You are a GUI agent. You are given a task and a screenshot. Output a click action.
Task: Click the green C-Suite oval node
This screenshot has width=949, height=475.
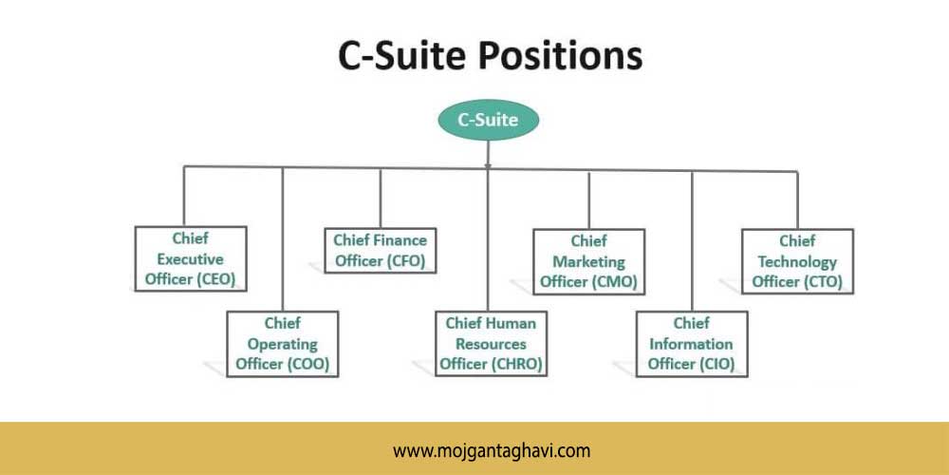point(488,120)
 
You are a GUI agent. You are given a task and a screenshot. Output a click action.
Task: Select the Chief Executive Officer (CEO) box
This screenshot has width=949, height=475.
point(191,258)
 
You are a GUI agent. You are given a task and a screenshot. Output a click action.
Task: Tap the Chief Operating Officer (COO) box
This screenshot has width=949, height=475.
point(283,344)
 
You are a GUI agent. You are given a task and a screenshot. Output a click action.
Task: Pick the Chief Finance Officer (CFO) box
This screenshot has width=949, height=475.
point(381,250)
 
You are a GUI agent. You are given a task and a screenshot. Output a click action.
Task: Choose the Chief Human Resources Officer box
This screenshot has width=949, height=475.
point(491,344)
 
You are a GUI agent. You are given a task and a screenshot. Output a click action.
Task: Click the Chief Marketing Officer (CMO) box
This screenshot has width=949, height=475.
point(589,262)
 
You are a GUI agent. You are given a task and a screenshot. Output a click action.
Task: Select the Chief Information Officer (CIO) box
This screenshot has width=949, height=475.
point(692,344)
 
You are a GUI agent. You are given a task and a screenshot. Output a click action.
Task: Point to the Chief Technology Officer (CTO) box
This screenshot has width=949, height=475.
point(798,261)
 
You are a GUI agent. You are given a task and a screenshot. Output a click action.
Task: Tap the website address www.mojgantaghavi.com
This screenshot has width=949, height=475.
point(492,450)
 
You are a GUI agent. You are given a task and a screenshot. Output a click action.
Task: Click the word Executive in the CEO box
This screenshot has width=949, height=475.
point(191,259)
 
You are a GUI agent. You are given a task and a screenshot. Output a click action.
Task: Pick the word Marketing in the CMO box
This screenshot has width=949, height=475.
point(589,262)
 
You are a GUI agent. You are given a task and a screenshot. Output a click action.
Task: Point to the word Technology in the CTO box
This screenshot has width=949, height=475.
point(798,262)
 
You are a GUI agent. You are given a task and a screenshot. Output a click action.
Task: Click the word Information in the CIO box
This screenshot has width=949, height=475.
point(691,344)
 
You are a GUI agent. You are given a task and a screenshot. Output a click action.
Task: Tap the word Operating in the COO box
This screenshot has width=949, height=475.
point(283,345)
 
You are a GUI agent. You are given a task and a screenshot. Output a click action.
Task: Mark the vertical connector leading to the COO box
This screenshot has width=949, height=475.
point(283,239)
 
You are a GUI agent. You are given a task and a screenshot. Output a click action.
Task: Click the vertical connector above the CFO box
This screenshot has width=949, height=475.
point(381,199)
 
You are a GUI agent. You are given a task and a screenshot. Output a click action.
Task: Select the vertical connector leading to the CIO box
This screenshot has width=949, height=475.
point(692,241)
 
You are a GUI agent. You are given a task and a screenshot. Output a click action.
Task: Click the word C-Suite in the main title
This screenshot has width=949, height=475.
point(401,57)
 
